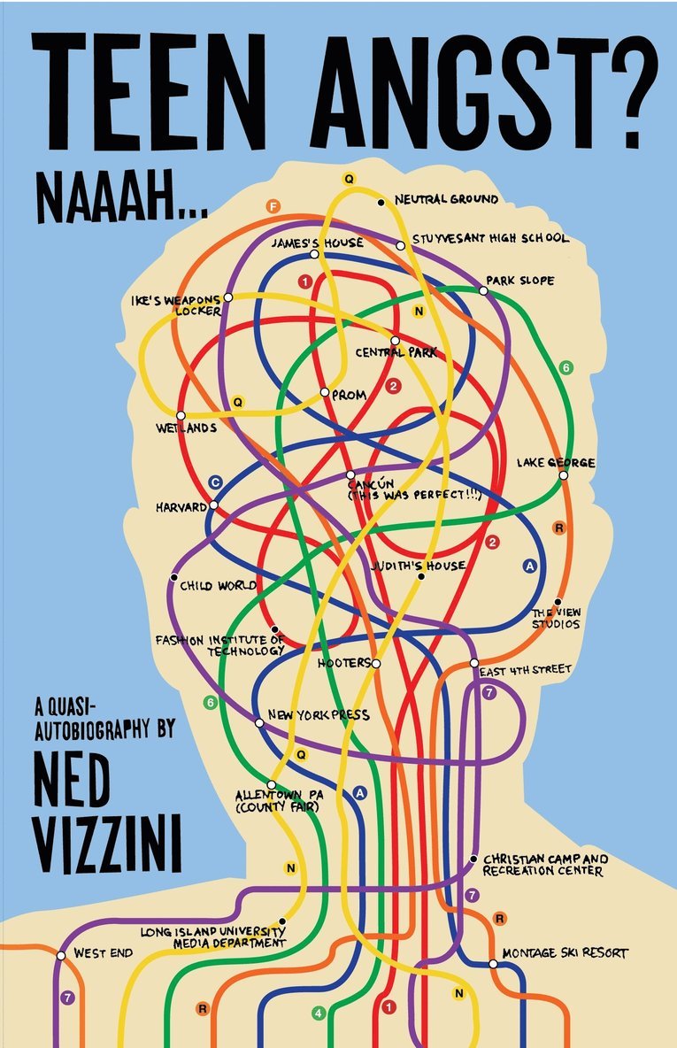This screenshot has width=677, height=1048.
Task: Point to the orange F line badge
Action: tap(273, 207)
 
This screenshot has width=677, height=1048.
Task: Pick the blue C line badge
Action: tap(214, 482)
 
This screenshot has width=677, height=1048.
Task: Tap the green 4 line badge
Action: tap(319, 1013)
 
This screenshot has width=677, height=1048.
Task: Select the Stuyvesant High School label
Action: tap(490, 239)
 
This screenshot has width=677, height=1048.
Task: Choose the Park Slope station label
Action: tap(521, 281)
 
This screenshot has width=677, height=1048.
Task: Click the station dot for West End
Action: tap(61, 955)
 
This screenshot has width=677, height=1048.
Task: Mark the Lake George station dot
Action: tap(563, 475)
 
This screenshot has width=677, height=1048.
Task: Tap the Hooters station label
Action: tap(344, 662)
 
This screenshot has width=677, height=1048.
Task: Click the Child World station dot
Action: tap(173, 577)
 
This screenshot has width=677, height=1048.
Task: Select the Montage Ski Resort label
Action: tap(565, 953)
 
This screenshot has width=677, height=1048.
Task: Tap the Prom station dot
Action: tap(325, 392)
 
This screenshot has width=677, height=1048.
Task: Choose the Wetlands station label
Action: tap(187, 428)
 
